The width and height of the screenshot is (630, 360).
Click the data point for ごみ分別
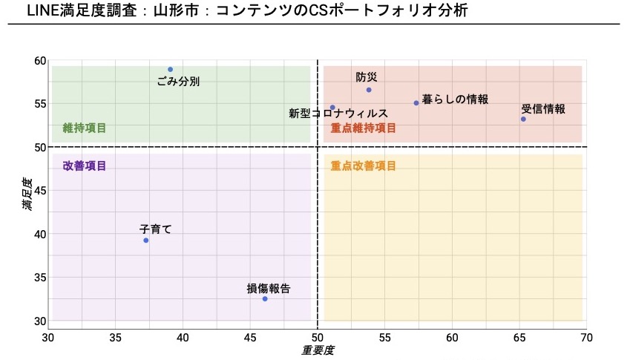coord(170,69)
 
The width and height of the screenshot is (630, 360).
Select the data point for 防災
coord(369,90)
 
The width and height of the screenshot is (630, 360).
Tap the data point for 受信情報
coord(523,119)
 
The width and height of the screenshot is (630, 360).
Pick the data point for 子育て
coord(146,240)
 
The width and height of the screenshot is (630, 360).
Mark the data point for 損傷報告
coord(265,298)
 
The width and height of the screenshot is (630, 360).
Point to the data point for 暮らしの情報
coord(416,103)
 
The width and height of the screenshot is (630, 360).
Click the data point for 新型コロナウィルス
coord(332,108)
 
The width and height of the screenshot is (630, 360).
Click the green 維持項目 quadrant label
coord(85,128)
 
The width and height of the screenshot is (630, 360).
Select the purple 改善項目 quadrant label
coord(85,166)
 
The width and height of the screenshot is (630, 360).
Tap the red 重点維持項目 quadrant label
coord(364,128)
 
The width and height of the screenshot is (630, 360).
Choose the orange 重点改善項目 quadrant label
coord(364,166)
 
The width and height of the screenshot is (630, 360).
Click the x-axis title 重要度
coord(318,350)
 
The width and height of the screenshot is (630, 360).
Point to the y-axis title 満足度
coord(27,193)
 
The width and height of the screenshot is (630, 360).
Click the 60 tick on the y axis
coord(39,61)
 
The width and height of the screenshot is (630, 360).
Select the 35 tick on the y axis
coord(39,278)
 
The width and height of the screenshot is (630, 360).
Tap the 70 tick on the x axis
coord(586,338)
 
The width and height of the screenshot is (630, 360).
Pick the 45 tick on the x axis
coord(250,338)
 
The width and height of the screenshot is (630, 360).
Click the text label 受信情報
coord(543,109)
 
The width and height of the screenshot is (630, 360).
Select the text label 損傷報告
coord(269,289)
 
